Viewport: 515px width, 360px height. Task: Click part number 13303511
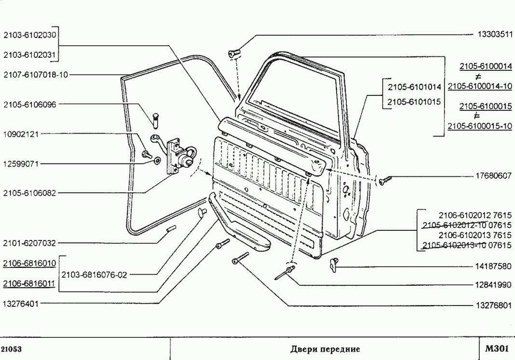click(x=494, y=35)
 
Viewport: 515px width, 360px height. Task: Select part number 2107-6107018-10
click(x=36, y=75)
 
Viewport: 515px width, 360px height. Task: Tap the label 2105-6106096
click(x=29, y=104)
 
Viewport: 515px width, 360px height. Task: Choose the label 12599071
click(x=21, y=164)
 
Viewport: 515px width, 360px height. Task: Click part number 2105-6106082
click(x=29, y=193)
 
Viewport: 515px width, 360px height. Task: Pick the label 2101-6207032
click(x=29, y=243)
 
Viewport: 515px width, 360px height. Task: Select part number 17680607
click(x=494, y=176)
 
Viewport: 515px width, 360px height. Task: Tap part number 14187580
click(x=494, y=266)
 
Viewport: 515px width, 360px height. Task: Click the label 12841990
click(x=494, y=285)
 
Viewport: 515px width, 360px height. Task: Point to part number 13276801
click(x=494, y=306)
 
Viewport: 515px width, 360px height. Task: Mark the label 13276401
click(x=21, y=304)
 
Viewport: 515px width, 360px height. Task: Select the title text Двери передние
click(x=325, y=349)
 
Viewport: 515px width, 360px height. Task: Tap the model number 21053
click(x=11, y=349)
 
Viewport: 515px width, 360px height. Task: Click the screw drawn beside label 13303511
click(x=234, y=54)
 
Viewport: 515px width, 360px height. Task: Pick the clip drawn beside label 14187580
click(x=332, y=263)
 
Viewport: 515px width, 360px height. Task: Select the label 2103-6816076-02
click(x=95, y=275)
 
